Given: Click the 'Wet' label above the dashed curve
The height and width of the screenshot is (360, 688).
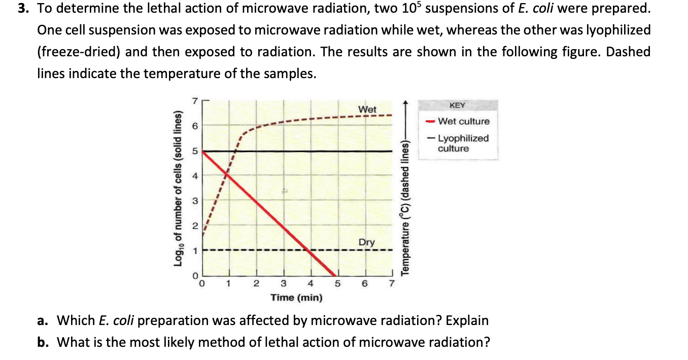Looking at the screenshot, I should coord(367,110).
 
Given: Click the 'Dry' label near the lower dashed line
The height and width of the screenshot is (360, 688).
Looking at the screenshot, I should coord(367,242).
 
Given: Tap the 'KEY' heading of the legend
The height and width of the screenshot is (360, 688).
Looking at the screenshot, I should coord(457,105).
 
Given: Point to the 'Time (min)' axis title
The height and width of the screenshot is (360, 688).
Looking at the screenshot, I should coord(296,297).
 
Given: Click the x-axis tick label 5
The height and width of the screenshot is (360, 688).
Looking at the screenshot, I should coord(337,284).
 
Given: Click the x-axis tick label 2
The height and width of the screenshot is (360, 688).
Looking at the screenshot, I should coord(256,284).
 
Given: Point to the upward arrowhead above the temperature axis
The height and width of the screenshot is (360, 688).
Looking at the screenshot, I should coord(404,103).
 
